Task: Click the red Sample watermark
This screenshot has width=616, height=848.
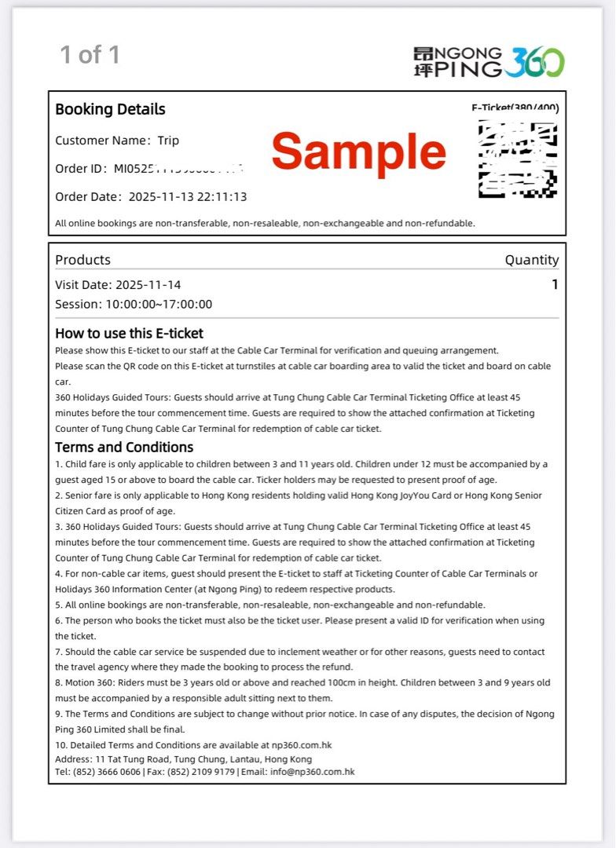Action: pos(359,152)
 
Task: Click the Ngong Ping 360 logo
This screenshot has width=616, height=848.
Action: pos(489,61)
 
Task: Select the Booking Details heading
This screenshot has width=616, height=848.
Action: pos(110,109)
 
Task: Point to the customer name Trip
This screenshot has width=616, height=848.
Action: pos(168,141)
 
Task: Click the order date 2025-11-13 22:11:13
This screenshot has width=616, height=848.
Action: pos(188,196)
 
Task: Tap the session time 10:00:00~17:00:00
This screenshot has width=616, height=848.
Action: pos(159,305)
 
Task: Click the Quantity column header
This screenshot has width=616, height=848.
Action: pos(531,260)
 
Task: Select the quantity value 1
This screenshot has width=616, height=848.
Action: pos(555,284)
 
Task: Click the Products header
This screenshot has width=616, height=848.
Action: pos(82,260)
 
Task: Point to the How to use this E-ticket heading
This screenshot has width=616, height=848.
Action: pos(129,333)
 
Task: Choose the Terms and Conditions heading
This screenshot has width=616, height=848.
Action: pos(124,448)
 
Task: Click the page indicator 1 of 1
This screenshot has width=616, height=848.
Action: pos(90,55)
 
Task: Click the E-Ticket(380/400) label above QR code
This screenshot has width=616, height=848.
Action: pos(515,108)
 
